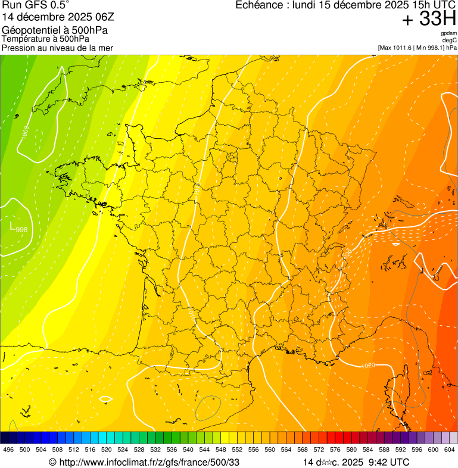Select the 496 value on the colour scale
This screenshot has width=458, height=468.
coord(8,450)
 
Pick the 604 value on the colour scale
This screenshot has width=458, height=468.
coord(449,450)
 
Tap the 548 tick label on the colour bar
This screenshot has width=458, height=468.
coord(220,450)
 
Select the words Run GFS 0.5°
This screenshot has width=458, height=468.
coord(36,5)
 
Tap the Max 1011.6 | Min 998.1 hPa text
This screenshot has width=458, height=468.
coord(417,47)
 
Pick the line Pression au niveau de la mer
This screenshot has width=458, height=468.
coord(57,48)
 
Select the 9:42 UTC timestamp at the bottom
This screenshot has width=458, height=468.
coord(390,462)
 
